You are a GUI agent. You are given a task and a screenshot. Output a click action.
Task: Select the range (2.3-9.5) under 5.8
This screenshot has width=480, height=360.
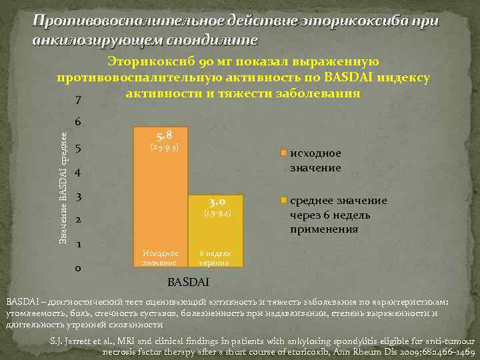pos(161,146)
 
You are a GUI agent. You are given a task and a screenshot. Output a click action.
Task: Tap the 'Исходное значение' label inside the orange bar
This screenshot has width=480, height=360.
pos(161,258)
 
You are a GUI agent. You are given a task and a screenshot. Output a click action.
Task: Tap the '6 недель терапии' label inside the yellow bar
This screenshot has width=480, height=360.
pos(216,258)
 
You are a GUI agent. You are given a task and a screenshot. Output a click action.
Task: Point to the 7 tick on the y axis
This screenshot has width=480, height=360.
pos(79,101)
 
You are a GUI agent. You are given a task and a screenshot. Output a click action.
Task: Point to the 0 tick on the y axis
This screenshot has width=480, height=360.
pos(79,269)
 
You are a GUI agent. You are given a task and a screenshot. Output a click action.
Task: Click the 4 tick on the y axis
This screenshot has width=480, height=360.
pos(79,173)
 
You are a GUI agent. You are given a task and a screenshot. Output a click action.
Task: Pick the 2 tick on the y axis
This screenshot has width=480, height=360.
pos(79,221)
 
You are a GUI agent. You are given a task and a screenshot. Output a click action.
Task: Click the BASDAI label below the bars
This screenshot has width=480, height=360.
pos(189,281)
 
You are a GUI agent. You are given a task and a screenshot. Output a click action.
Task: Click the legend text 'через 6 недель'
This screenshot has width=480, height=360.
pos(329,215)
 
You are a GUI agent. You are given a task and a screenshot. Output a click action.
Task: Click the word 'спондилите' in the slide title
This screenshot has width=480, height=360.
pos(211,39)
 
